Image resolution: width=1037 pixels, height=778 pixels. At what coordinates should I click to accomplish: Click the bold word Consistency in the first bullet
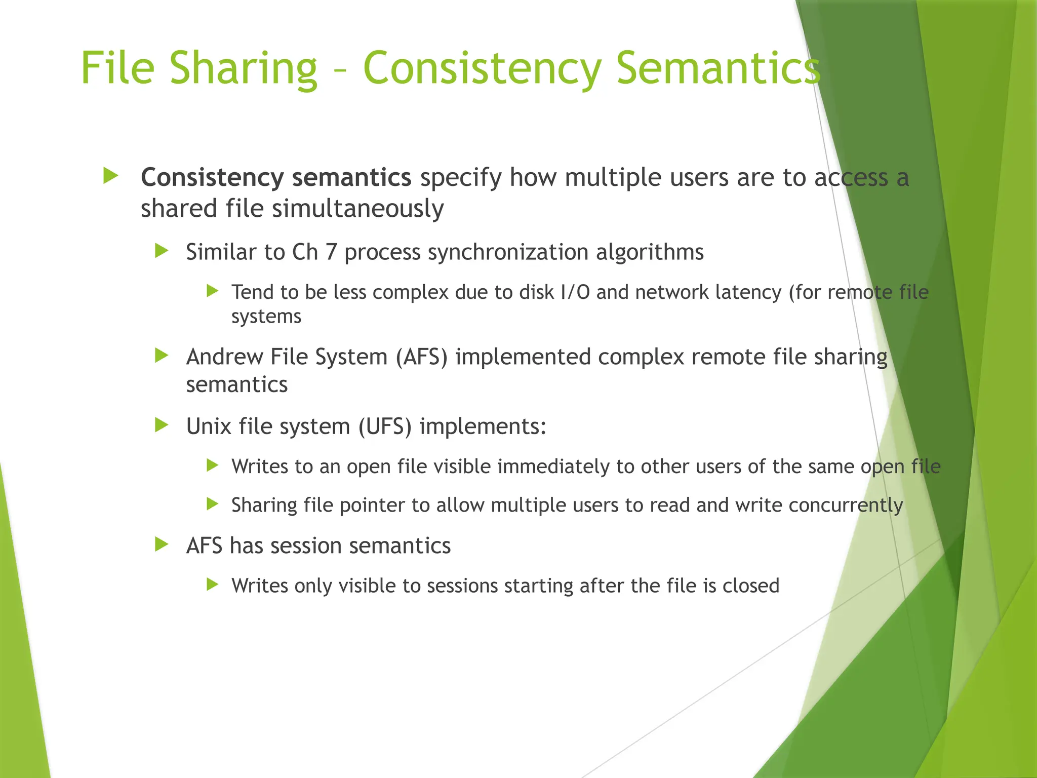pos(212,178)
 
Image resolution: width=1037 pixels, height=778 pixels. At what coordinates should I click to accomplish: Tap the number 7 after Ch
pos(331,252)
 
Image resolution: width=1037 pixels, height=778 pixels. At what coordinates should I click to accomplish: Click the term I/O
pos(575,292)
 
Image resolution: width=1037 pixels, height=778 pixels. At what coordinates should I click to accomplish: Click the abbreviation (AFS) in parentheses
pos(422,357)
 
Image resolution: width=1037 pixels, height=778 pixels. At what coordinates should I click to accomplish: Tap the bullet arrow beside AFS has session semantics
pos(162,545)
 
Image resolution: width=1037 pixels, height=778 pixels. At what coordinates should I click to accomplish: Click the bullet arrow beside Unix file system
pos(162,425)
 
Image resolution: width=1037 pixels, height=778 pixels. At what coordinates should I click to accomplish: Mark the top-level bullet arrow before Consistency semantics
pos(110,176)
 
